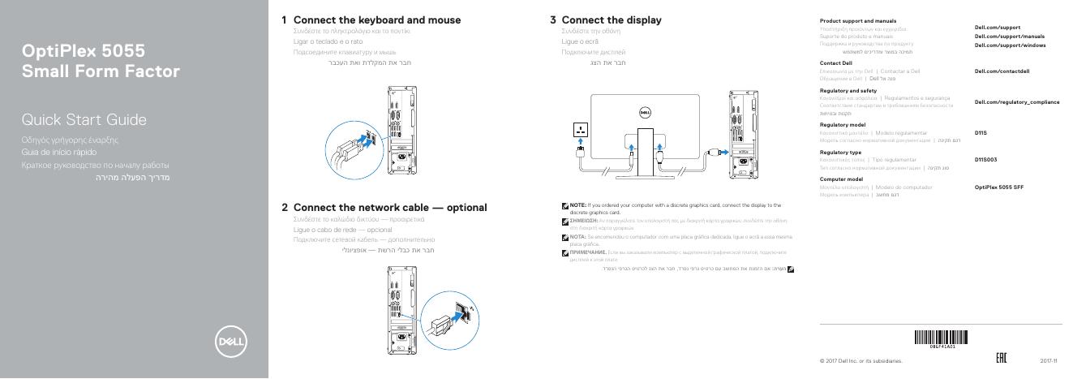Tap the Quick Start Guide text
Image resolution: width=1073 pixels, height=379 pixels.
[x=84, y=120]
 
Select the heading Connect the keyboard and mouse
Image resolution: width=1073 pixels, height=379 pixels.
[x=376, y=19]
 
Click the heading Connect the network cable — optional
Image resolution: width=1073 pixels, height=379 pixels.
[x=389, y=207]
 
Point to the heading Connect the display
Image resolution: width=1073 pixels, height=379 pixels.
[x=611, y=19]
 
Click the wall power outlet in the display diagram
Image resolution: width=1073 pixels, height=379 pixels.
[x=581, y=130]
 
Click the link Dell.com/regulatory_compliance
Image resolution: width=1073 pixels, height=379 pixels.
[x=1017, y=101]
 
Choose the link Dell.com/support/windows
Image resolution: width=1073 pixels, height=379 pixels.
[x=1010, y=45]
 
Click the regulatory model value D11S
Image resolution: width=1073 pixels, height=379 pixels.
[x=981, y=131]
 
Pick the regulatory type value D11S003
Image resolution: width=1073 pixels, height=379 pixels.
[x=985, y=159]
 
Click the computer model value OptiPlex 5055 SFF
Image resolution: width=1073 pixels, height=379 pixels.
[x=998, y=187]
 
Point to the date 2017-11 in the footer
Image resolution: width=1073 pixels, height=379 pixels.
[x=1049, y=360]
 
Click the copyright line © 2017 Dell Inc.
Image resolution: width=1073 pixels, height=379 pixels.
[x=861, y=360]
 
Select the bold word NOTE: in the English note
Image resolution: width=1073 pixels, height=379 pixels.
[x=577, y=205]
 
